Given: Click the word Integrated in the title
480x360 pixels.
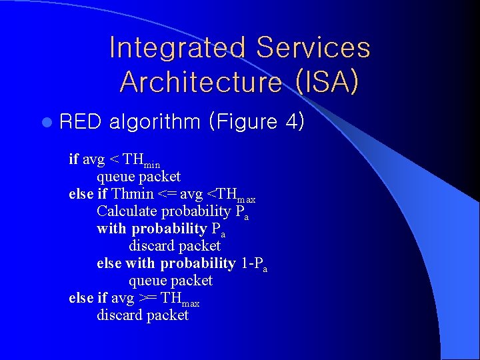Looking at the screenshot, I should point(176,48).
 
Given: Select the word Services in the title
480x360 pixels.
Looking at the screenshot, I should point(313,48).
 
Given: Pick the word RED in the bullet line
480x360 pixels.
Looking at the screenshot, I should point(80,122).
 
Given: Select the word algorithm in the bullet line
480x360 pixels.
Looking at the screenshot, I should point(155,122).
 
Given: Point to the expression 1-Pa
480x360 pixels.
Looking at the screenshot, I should point(254,264).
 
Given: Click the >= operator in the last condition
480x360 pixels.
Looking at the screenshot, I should point(150,298).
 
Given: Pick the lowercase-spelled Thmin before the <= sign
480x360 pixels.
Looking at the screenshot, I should point(133,194).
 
